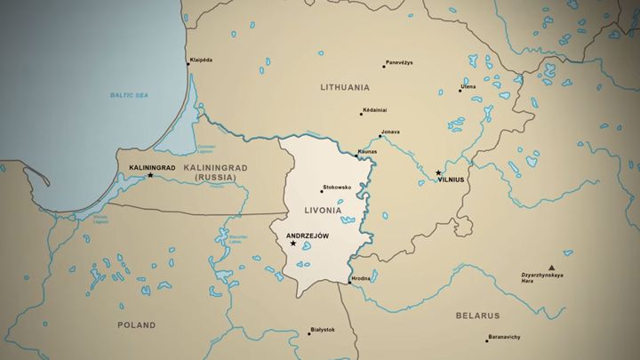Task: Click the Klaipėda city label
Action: coord(201,60)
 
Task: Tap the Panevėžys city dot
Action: coord(384,66)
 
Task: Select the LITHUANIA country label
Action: coord(345,87)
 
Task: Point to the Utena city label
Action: coord(468,86)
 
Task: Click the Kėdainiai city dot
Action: coord(361,114)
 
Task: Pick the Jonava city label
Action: coord(389,132)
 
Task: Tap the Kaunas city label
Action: coord(367,151)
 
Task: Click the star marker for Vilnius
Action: coord(438,172)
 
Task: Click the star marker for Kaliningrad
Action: coord(150,175)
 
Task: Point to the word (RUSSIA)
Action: coord(216,178)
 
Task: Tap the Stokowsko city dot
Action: coord(322,190)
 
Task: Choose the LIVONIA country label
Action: coord(323,211)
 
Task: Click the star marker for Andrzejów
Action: coord(293,244)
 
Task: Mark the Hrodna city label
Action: coord(361,278)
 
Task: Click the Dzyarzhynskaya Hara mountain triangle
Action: coord(551,267)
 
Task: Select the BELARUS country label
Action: coord(478,316)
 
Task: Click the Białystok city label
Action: coord(323,330)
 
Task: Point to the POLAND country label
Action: coord(136,325)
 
